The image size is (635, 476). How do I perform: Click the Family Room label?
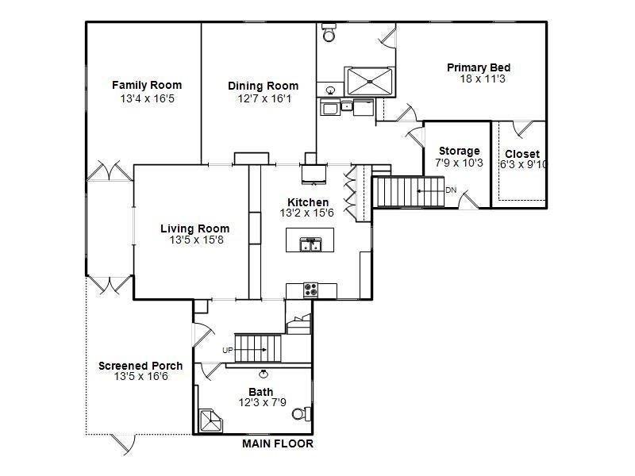(x=147, y=85)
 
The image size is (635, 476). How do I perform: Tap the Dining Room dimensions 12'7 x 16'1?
(x=264, y=98)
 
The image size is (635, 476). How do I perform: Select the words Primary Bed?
(x=478, y=67)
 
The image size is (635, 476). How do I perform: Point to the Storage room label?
(x=459, y=151)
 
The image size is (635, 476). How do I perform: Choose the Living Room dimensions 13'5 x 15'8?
(x=196, y=240)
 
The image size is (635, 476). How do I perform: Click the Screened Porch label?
(x=140, y=366)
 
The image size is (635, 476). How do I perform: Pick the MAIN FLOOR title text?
(x=277, y=444)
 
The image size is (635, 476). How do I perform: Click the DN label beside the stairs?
(x=450, y=190)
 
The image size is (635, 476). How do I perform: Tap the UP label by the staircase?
(x=227, y=350)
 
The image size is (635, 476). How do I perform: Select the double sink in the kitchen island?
(x=310, y=244)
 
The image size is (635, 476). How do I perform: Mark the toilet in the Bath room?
(x=300, y=413)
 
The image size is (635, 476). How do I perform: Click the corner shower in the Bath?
(x=212, y=419)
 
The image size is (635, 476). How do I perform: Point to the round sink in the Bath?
(x=264, y=372)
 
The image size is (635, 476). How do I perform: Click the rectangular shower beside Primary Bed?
(x=370, y=80)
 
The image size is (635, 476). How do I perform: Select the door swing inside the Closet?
(x=521, y=128)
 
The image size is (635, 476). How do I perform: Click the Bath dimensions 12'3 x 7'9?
(x=260, y=403)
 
